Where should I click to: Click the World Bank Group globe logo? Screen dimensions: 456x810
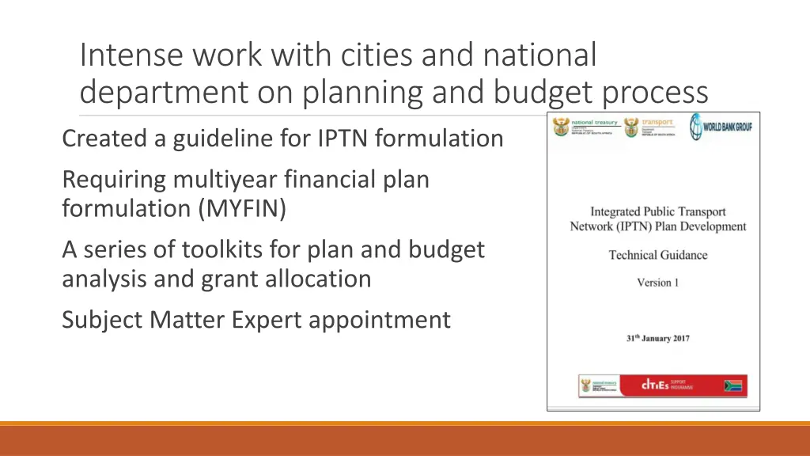coord(695,127)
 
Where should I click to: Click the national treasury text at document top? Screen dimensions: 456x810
coord(594,123)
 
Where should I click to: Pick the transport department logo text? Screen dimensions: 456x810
coord(658,123)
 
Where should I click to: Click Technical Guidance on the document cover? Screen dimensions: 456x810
coord(657,255)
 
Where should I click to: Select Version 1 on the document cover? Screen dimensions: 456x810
coord(657,283)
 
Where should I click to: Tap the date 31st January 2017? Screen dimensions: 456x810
coord(657,338)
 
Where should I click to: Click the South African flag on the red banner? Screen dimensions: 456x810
coord(734,386)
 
